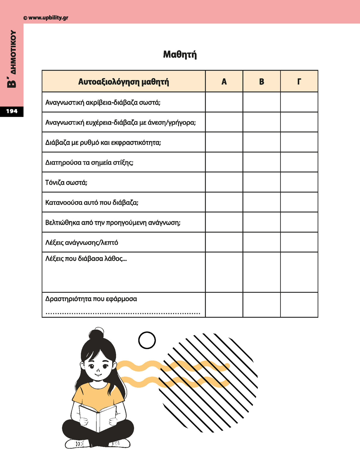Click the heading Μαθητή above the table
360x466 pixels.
[x=180, y=55]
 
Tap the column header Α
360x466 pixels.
[x=224, y=82]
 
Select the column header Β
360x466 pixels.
[x=262, y=82]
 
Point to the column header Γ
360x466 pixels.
[x=299, y=82]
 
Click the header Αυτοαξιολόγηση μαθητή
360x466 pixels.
[x=123, y=82]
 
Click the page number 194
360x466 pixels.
[x=12, y=111]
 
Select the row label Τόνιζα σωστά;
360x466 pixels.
[x=66, y=182]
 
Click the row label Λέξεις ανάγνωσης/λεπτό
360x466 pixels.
[x=82, y=243]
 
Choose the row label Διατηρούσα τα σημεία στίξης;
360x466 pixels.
[x=89, y=163]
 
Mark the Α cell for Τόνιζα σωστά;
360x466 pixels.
[x=224, y=182]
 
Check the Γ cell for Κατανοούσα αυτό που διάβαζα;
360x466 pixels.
[x=299, y=202]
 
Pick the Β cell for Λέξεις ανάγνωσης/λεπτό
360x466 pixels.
[x=262, y=242]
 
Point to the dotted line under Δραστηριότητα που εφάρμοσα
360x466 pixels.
[x=123, y=313]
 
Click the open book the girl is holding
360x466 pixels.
[x=98, y=417]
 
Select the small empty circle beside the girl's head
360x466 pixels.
[x=147, y=340]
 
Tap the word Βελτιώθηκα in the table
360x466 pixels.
[x=63, y=222]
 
